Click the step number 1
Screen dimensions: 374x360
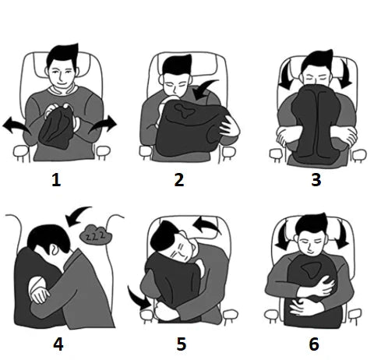(56, 180)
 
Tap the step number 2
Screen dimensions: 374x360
(179, 180)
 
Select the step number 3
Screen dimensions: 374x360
(316, 180)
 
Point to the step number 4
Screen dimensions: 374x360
(58, 344)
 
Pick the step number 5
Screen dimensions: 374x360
(182, 344)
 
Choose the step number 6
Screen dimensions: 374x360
(314, 344)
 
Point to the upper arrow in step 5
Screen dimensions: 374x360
(206, 224)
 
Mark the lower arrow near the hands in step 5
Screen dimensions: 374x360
(138, 298)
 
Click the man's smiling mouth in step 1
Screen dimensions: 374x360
(62, 85)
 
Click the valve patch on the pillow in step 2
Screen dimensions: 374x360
(185, 111)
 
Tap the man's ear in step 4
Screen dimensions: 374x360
(53, 250)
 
